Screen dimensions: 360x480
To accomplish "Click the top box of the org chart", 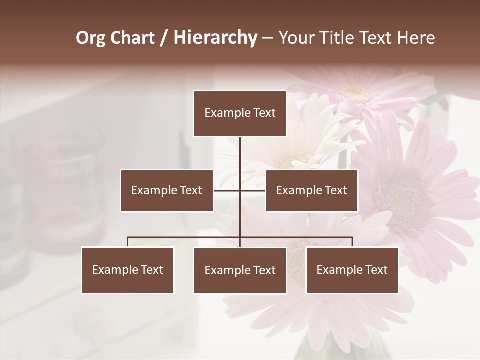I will (x=240, y=113).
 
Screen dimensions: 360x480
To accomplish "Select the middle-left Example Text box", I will (x=167, y=190).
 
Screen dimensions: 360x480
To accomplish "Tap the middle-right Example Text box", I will (x=311, y=190).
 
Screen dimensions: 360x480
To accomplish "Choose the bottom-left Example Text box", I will (x=127, y=270).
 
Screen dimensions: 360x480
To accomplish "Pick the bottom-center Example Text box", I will (x=240, y=270).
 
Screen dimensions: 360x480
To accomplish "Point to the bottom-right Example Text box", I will (x=352, y=270).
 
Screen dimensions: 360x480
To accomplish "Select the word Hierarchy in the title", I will (x=215, y=38).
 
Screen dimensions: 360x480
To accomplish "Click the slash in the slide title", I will (x=164, y=38).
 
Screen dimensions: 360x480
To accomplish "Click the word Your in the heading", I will (x=296, y=38).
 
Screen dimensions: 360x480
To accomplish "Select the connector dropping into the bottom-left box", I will (x=127, y=242).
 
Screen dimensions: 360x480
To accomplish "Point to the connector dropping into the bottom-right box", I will (x=352, y=242).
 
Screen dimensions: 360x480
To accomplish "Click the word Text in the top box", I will (x=264, y=113).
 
